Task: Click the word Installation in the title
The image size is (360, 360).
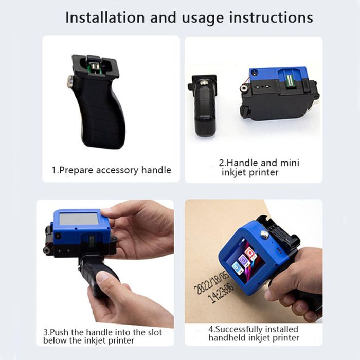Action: [105, 17]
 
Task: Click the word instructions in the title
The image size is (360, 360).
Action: [271, 17]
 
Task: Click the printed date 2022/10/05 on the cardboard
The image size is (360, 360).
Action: [212, 283]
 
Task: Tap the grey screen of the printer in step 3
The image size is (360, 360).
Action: [79, 219]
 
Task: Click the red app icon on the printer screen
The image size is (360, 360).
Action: [249, 253]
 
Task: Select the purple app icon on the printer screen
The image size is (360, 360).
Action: [243, 260]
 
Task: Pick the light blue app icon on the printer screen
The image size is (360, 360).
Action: [236, 268]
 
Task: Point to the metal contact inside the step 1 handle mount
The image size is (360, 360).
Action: [94, 68]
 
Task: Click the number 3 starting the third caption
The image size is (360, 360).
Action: [46, 332]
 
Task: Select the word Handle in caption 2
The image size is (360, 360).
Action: [242, 163]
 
